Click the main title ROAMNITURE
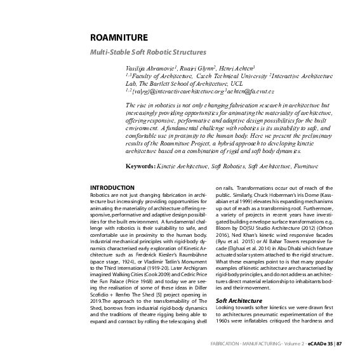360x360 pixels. tap(119, 38)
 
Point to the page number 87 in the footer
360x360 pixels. tap(339, 343)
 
